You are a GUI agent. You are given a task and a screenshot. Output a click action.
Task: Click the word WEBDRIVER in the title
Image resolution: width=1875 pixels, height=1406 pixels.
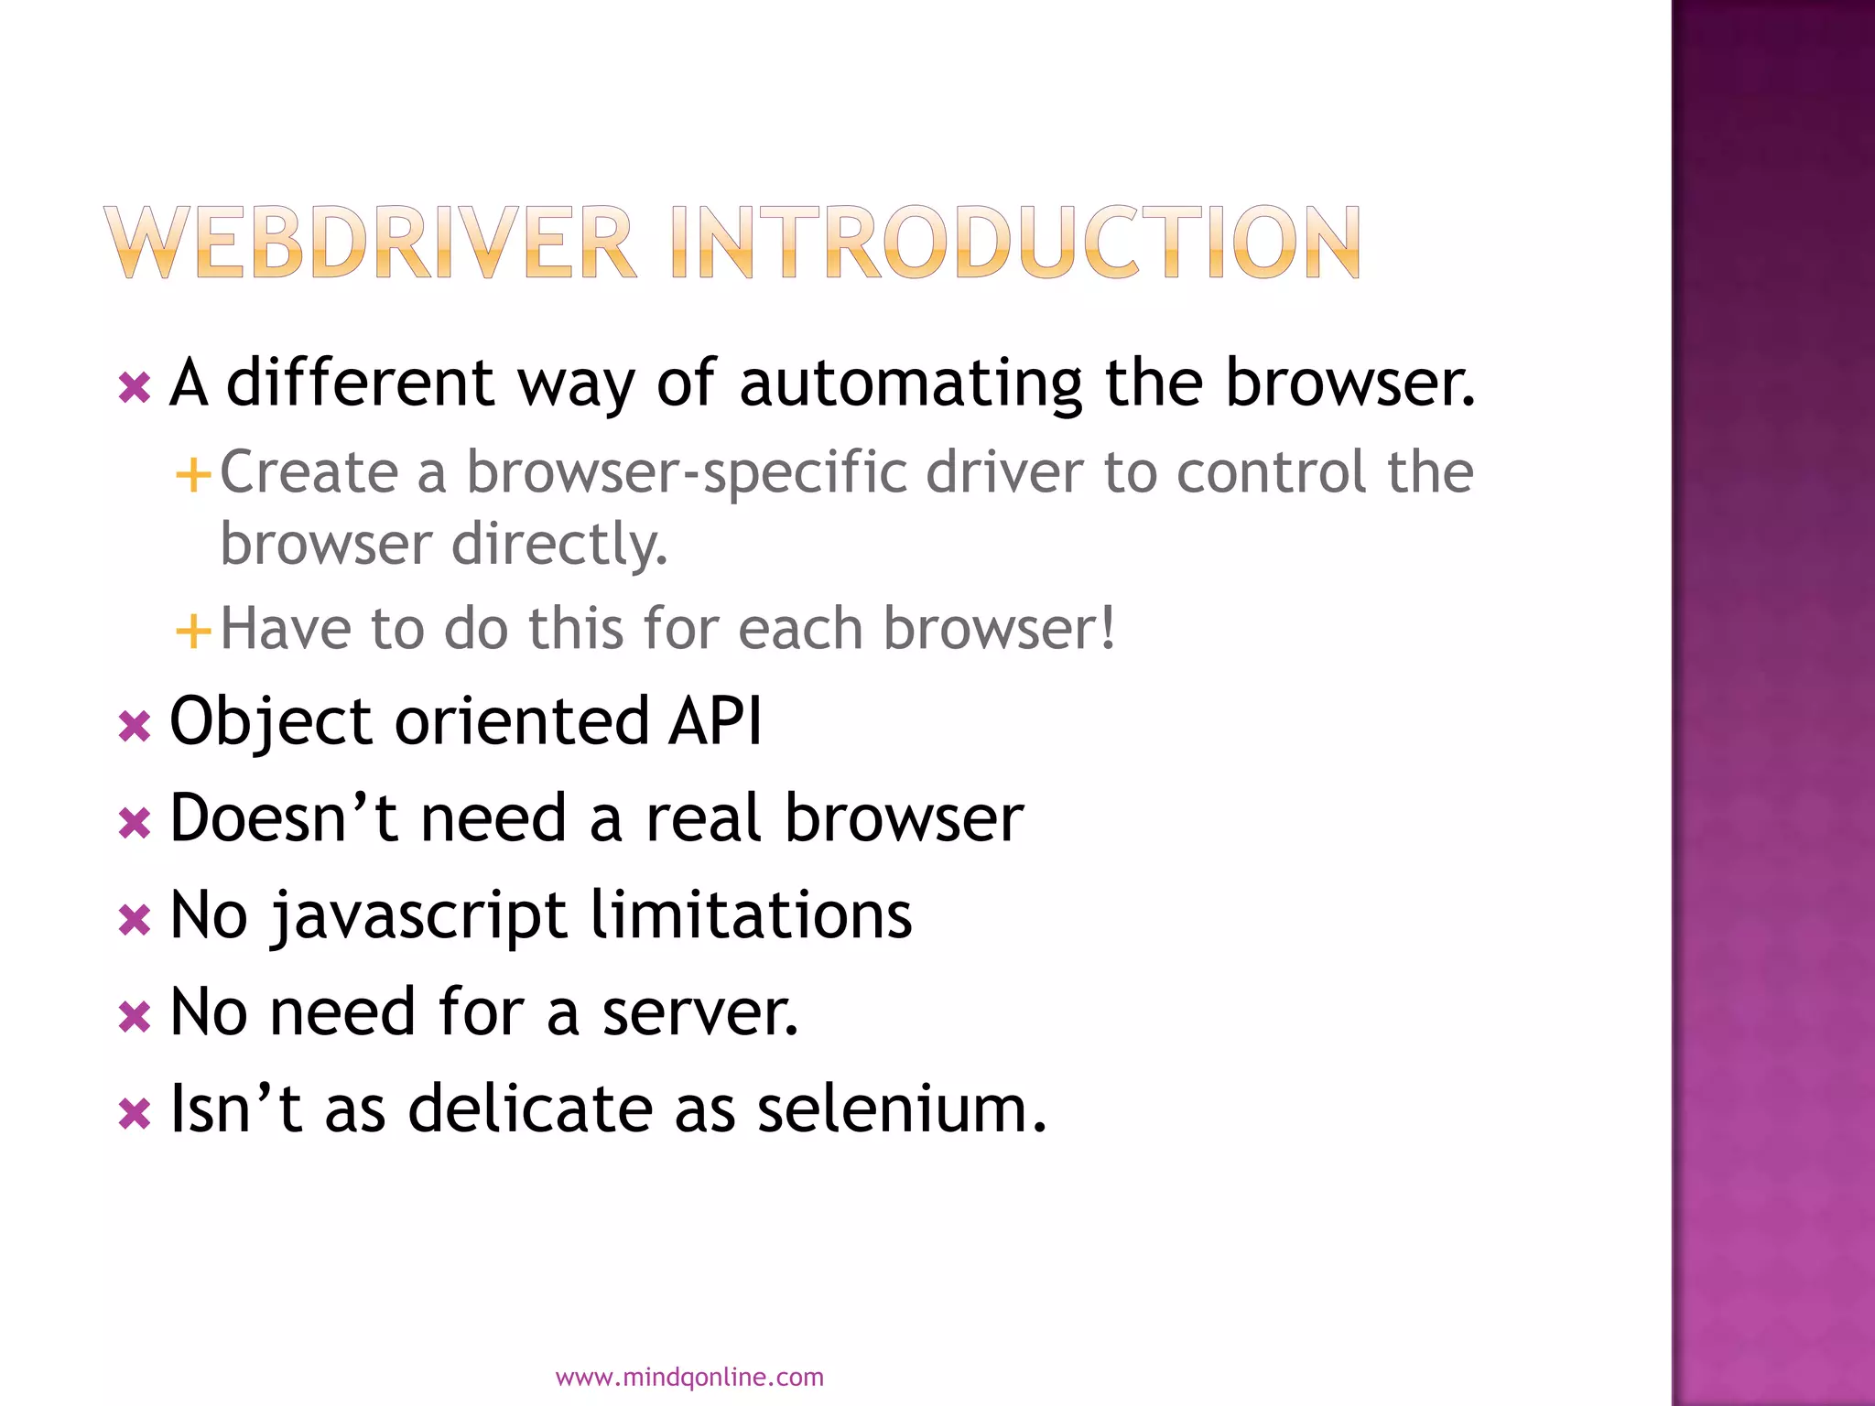pyautogui.click(x=370, y=243)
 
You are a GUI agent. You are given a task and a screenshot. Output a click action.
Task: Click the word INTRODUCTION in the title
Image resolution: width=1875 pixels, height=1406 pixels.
pyautogui.click(x=1015, y=243)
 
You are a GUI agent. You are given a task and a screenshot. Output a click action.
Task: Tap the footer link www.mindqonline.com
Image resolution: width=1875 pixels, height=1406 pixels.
pyautogui.click(x=689, y=1377)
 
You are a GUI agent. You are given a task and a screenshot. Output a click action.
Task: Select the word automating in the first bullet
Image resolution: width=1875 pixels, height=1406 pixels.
pyautogui.click(x=911, y=384)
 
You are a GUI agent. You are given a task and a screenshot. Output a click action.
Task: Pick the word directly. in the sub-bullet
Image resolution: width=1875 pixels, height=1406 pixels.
pyautogui.click(x=559, y=545)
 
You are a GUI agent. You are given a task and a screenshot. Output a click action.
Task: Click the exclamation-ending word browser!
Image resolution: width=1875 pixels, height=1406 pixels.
pyautogui.click(x=1000, y=629)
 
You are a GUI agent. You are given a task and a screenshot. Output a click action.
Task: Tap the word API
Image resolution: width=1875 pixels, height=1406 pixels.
pyautogui.click(x=716, y=721)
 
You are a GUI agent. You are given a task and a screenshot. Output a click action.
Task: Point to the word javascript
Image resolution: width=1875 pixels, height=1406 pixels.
pyautogui.click(x=419, y=916)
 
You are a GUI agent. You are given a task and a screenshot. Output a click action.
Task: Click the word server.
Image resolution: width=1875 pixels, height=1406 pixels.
pyautogui.click(x=700, y=1012)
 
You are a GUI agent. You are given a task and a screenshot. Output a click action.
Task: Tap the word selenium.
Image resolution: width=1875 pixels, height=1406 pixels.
pyautogui.click(x=902, y=1109)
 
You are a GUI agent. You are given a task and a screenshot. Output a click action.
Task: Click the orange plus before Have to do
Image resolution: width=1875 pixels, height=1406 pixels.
pyautogui.click(x=193, y=631)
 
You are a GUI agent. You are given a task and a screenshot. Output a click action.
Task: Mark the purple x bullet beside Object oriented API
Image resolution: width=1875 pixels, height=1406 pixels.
pyautogui.click(x=135, y=728)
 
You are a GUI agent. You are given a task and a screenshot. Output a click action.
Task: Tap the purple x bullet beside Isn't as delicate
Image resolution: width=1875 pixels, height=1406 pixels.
pyautogui.click(x=135, y=1114)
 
